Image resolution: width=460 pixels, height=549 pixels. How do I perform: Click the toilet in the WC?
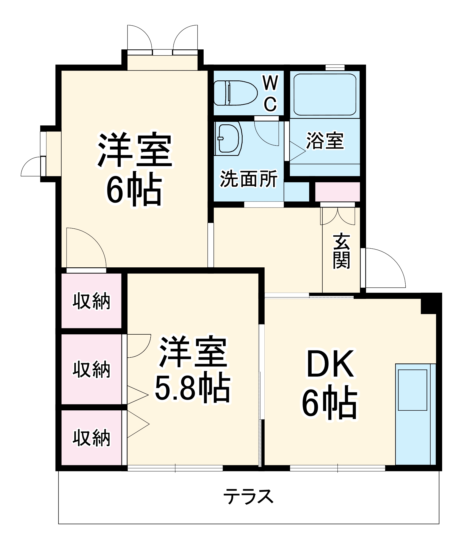[235, 93]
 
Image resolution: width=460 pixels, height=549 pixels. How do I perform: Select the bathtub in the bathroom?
[325, 95]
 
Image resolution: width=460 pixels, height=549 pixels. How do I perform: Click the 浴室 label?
[325, 141]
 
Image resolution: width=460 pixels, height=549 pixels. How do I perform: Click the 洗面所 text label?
[248, 179]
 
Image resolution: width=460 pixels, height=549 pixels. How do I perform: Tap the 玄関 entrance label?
[341, 251]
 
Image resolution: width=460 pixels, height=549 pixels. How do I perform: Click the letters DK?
[330, 364]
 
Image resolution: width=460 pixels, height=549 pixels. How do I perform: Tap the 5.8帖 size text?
[192, 388]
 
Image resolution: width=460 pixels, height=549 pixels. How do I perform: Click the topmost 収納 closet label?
[91, 301]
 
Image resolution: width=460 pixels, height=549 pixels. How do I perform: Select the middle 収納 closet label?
[91, 369]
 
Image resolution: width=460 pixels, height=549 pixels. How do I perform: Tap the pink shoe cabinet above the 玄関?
[337, 192]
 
